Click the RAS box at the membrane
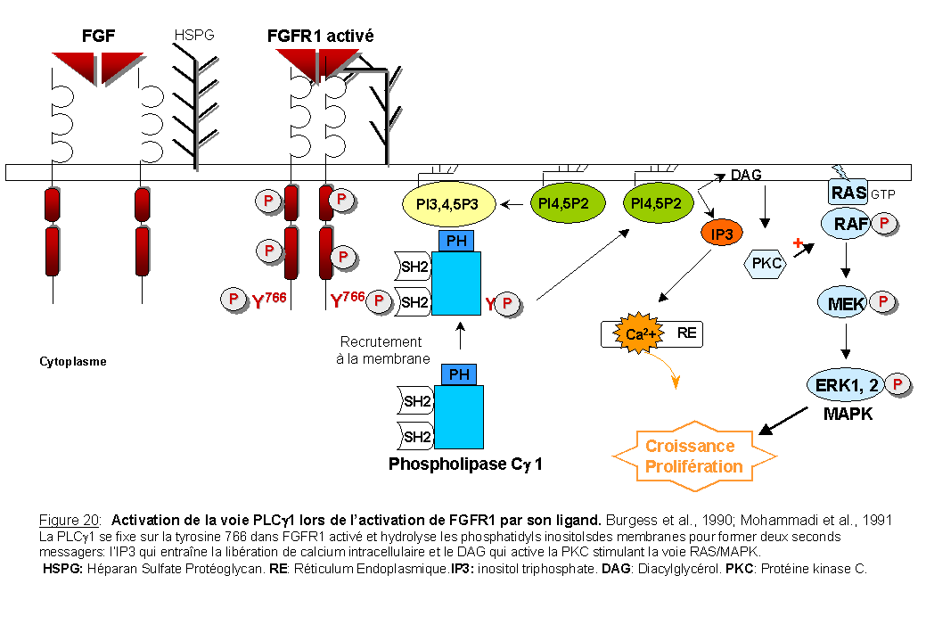(848, 192)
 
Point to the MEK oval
(847, 304)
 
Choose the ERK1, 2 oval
(848, 385)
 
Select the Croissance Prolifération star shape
(693, 456)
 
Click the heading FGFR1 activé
(320, 37)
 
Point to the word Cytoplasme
(73, 362)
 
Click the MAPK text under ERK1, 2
(847, 415)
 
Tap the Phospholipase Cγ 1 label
(465, 464)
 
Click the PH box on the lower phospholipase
(459, 375)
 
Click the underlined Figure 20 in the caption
(70, 520)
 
